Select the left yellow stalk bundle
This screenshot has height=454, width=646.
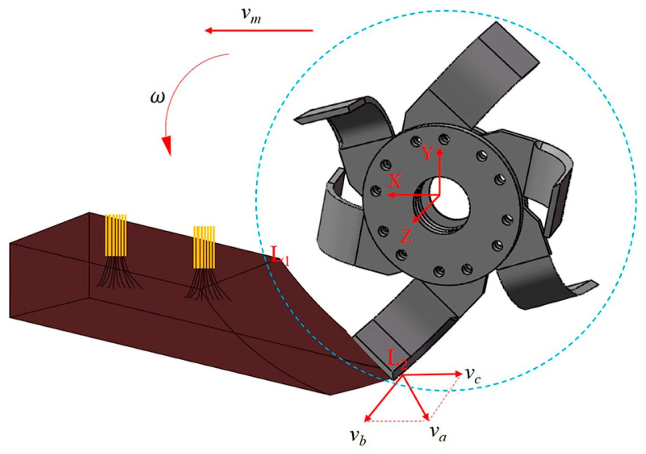pos(116,235)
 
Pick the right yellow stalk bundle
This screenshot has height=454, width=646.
pos(204,247)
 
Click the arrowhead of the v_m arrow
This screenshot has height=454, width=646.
pos(208,31)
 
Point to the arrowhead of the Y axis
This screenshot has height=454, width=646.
pos(440,151)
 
